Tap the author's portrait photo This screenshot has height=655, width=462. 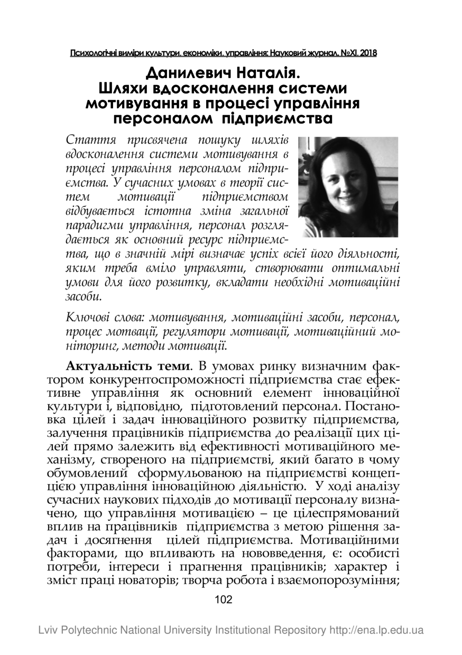[348, 187]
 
